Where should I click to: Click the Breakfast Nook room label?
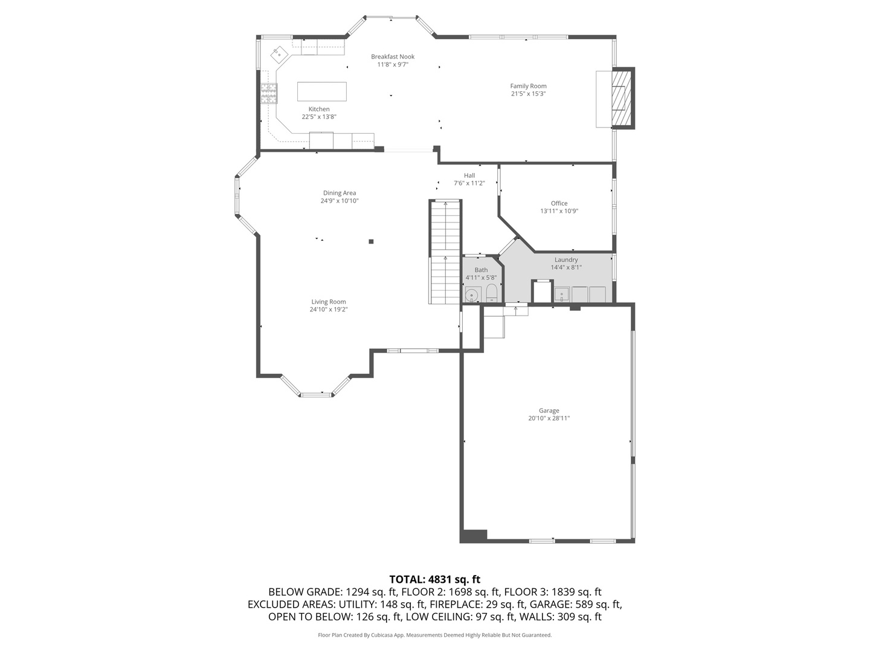pos(393,57)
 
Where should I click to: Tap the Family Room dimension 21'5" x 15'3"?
pos(528,94)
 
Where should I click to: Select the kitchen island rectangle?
pos(322,91)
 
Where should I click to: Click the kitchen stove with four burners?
pos(269,93)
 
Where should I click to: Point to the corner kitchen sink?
pos(279,54)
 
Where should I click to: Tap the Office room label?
pos(559,203)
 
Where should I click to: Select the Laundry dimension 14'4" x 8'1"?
pos(566,267)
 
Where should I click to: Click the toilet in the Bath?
pos(491,293)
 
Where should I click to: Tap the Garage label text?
pos(549,411)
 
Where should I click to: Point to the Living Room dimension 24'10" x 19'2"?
pos(329,310)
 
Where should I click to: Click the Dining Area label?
pos(340,193)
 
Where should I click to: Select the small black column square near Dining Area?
pos(372,242)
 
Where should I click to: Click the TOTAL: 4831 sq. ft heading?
pos(434,579)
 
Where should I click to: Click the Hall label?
pos(469,175)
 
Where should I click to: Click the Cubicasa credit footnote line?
pos(434,635)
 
